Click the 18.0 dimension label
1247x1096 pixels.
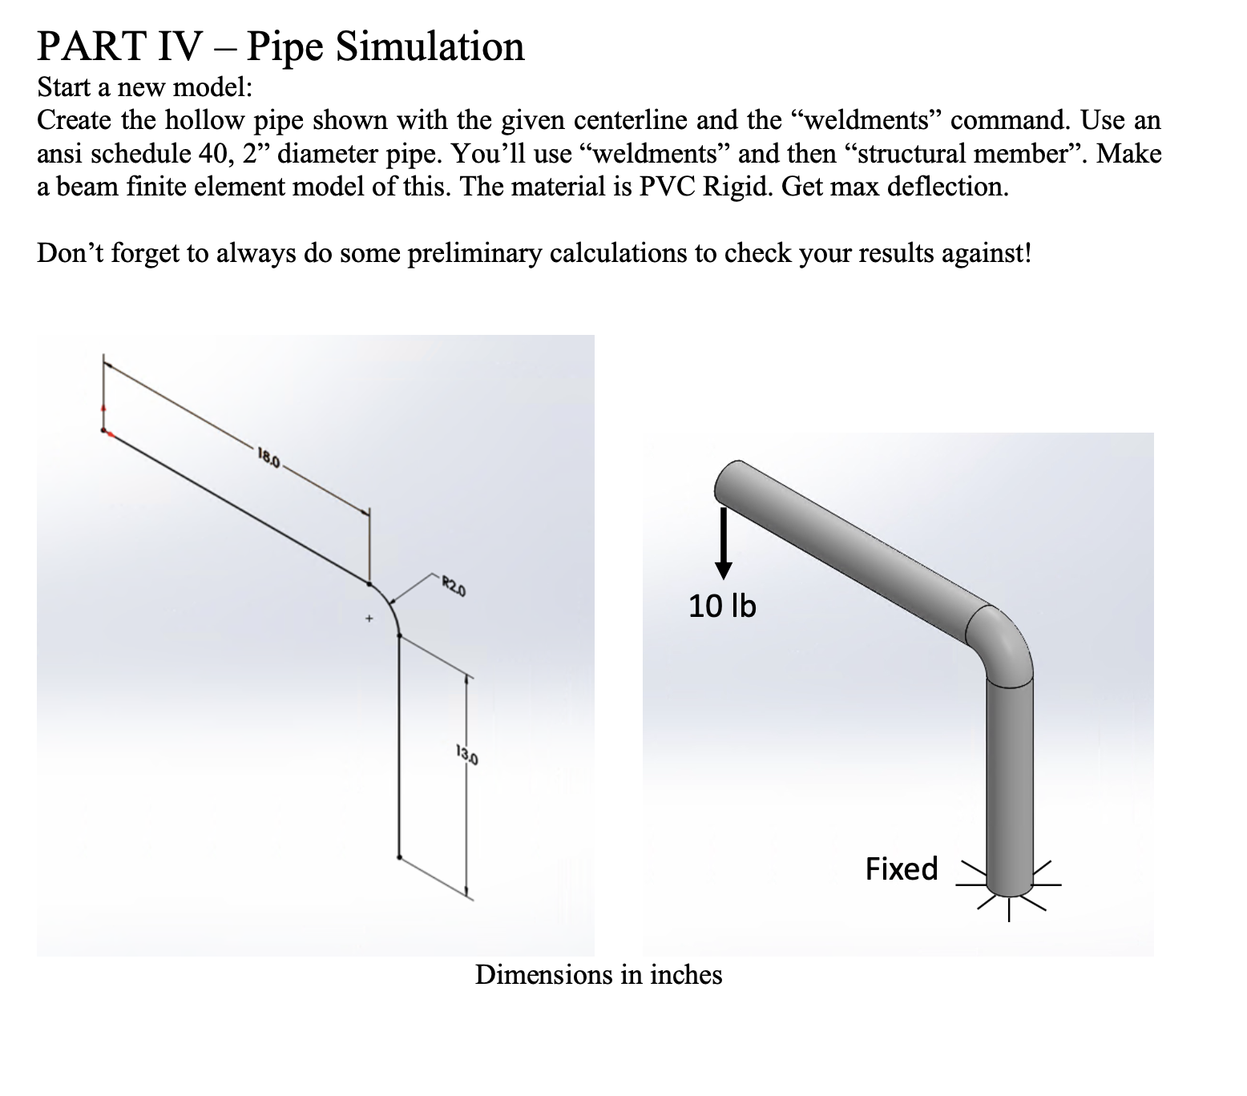click(x=268, y=459)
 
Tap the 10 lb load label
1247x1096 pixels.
click(x=722, y=606)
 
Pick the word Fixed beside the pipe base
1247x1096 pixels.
click(x=902, y=868)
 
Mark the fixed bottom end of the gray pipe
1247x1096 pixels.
click(x=1010, y=884)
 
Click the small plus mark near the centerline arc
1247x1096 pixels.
click(x=369, y=619)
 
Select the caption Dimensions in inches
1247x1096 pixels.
click(x=599, y=975)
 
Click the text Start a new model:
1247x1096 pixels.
click(x=145, y=86)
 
